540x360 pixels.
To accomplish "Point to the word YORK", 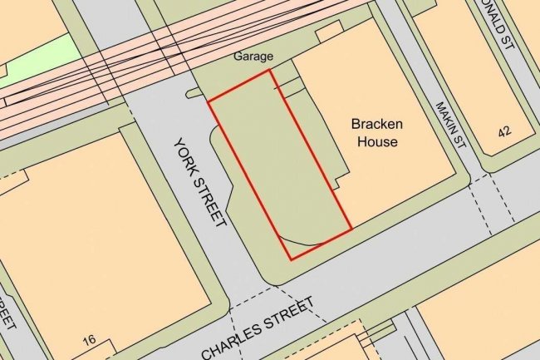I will [185, 157].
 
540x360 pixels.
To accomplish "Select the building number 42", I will [504, 132].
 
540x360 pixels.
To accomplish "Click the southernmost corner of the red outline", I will [290, 259].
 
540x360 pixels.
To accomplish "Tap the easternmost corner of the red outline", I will [352, 227].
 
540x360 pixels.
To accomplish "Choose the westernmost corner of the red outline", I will [207, 102].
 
